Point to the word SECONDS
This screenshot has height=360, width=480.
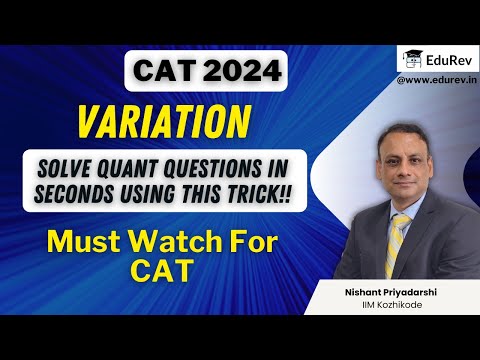coord(82,191)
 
